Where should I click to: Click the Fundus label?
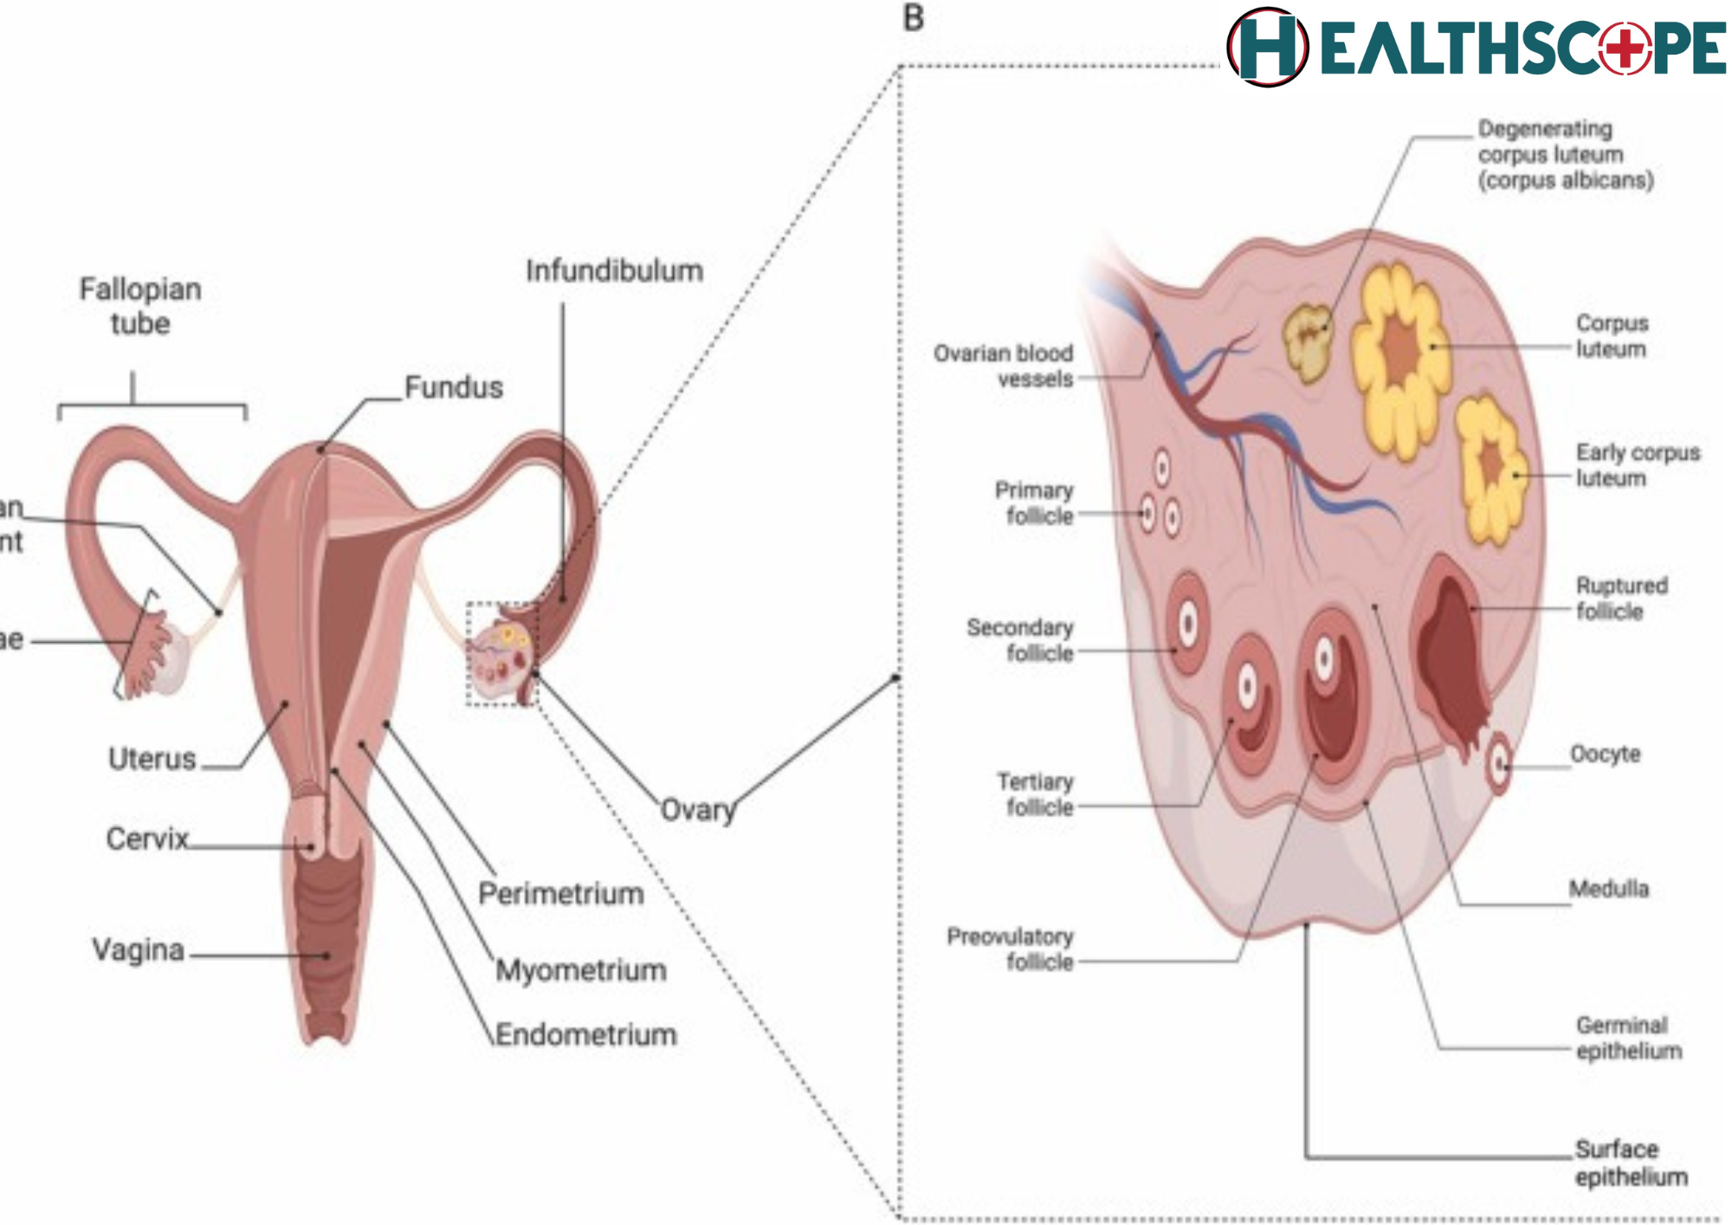coord(453,387)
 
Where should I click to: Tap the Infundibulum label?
coord(614,271)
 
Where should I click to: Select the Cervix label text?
coord(146,839)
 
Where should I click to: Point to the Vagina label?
coord(138,950)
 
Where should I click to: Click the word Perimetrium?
coord(560,893)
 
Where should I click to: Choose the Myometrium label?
coord(580,970)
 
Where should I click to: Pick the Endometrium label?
coord(585,1034)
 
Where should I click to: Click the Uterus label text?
coord(152,759)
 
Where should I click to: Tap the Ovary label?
coord(697,810)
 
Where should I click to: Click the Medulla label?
coord(1608,889)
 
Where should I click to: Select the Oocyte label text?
coord(1605,754)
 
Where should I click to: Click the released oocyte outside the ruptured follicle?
coord(1498,764)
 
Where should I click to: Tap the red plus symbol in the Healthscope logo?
coord(1625,48)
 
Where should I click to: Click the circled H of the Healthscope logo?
coord(1267,48)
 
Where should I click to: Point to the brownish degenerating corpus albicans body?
coord(1308,341)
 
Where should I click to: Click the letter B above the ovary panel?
coord(913,18)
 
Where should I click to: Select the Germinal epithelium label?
coord(1628,1038)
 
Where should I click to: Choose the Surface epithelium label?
coord(1630,1163)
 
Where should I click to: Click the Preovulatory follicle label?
coord(1010,950)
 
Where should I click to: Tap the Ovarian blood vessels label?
coord(1003,366)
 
